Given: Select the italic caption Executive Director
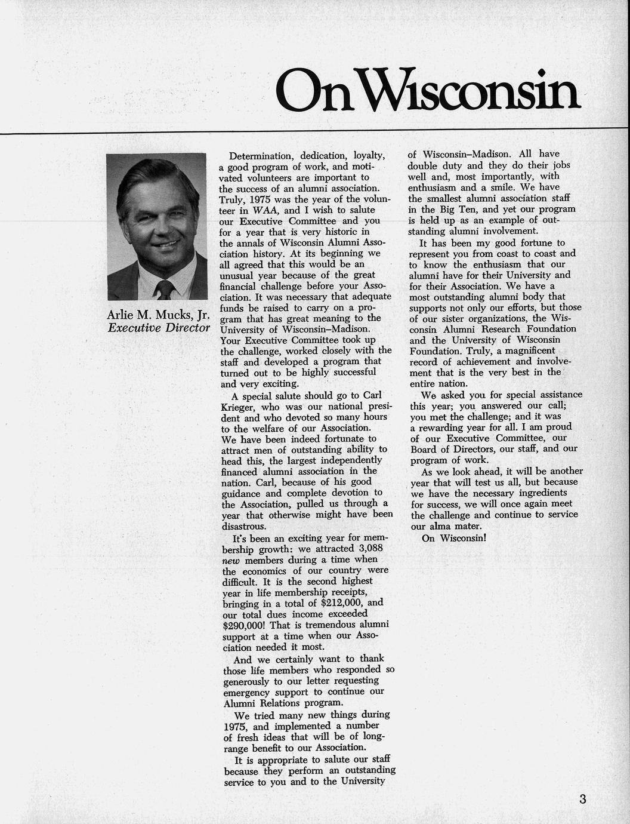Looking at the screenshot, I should pyautogui.click(x=158, y=328).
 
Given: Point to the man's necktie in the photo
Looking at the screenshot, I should pyautogui.click(x=164, y=290).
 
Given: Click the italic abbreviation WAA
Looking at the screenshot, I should pyautogui.click(x=264, y=210).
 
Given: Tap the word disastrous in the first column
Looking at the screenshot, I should pyautogui.click(x=243, y=527).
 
